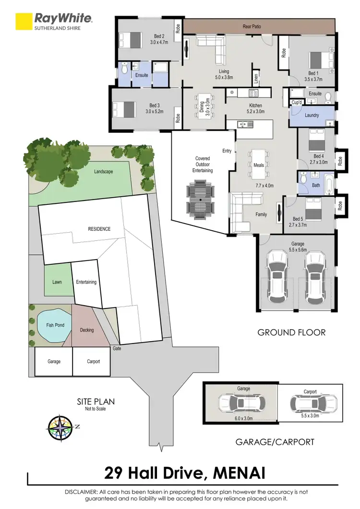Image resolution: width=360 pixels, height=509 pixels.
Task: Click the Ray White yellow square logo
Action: (x=23, y=22)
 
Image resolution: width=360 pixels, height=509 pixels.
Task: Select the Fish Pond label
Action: (x=55, y=325)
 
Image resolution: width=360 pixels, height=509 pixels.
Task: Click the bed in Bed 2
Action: (x=131, y=39)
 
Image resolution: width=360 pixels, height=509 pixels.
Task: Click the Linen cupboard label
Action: (x=256, y=77)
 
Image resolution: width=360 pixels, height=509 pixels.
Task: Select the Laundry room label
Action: (x=312, y=115)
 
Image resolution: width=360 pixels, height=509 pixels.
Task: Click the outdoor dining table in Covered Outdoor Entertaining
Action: (x=199, y=199)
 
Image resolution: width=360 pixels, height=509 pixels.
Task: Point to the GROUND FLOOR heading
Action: (x=291, y=332)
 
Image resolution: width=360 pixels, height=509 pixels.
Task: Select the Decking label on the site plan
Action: (x=87, y=330)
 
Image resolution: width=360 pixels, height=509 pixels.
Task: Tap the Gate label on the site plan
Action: (x=117, y=348)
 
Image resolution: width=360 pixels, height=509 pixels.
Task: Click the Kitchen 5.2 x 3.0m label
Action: (x=255, y=108)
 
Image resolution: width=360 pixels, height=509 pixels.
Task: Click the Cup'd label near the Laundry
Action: (x=297, y=102)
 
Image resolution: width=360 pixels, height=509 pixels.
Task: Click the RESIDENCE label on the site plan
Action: (x=99, y=229)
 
